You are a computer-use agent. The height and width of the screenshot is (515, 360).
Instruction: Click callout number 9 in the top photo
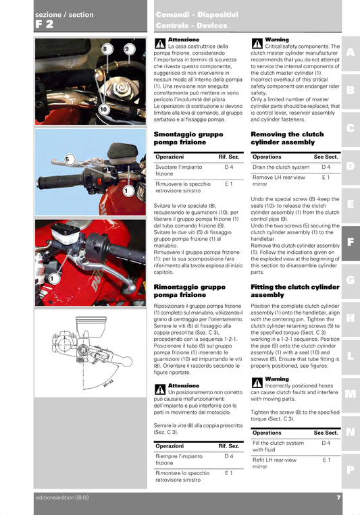[x=127, y=49]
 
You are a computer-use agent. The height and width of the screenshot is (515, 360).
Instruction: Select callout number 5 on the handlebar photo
[x=68, y=159]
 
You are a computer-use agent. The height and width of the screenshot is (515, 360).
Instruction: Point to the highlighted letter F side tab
[x=351, y=241]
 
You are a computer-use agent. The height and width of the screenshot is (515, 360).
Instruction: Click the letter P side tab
[x=351, y=470]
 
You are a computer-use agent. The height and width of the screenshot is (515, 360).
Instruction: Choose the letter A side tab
[x=351, y=52]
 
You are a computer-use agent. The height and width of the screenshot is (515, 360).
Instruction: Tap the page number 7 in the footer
[x=338, y=497]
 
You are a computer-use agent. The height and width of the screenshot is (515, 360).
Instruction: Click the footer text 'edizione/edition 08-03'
[x=62, y=497]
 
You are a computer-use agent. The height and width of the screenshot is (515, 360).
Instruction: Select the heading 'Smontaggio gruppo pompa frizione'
[x=182, y=138]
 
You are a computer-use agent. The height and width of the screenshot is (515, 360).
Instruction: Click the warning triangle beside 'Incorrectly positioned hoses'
[x=257, y=383]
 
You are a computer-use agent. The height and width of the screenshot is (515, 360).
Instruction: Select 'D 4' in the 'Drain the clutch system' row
[x=326, y=167]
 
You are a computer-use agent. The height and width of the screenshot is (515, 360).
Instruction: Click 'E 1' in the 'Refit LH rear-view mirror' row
[x=326, y=459]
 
